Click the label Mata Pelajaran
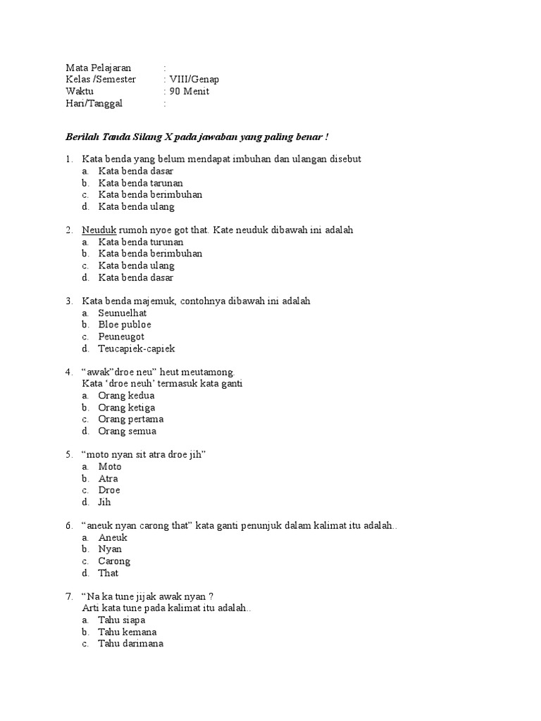99,68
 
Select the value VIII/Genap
194,80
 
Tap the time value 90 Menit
189,92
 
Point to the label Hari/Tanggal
94,104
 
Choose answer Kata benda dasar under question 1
135,171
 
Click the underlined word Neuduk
99,230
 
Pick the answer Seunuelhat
123,313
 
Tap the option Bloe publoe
125,325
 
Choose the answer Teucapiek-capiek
137,349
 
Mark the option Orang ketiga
127,408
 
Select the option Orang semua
127,432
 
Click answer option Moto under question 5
110,467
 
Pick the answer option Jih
104,503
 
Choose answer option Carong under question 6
114,562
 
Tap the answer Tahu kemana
127,632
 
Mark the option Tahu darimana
130,644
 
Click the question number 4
69,372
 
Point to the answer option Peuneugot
121,337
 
